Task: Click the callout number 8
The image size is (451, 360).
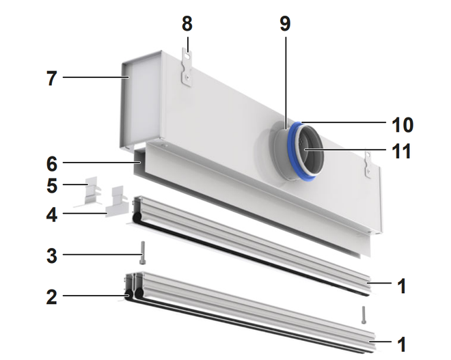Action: (x=187, y=24)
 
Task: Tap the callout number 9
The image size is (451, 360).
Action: (x=285, y=24)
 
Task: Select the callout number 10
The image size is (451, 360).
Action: (x=402, y=125)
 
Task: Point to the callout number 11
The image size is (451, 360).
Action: (x=402, y=151)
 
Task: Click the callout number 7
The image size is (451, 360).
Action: (x=52, y=79)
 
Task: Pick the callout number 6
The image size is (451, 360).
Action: (x=52, y=164)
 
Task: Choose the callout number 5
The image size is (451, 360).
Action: (x=52, y=186)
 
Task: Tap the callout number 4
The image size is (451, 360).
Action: (x=52, y=214)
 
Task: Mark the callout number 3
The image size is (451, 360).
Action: (x=52, y=255)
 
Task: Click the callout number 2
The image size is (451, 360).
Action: (x=52, y=297)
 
